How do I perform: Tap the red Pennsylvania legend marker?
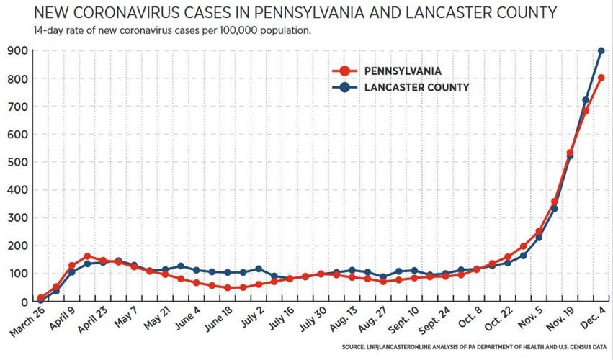coord(344,71)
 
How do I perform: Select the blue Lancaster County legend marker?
coord(344,87)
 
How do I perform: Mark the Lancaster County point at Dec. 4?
coord(601,51)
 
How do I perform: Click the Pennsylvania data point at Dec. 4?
coord(601,78)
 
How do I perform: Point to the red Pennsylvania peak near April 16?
coord(87,256)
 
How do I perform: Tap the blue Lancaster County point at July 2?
coord(259,269)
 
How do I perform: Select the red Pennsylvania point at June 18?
coord(228,288)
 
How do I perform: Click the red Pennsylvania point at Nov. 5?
coord(539,232)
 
